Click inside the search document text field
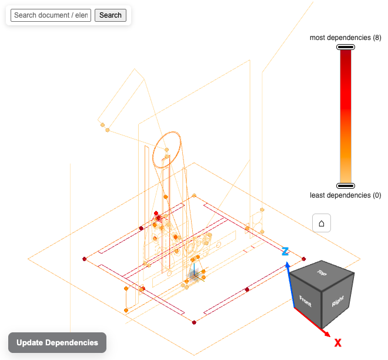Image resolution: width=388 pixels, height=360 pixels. coord(51,15)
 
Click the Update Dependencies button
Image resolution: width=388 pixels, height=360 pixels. coord(57,342)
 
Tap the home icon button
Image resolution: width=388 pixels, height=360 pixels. coord(322,224)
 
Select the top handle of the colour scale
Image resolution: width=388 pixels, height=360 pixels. coord(346,47)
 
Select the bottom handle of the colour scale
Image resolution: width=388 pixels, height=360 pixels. coord(346,186)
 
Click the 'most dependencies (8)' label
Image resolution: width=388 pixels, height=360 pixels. coord(346,38)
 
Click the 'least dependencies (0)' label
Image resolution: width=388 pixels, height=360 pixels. coord(346,195)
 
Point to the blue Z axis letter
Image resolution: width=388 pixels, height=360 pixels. coord(285,252)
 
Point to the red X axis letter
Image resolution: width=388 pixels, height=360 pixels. coord(338,342)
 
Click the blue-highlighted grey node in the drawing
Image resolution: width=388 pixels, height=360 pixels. coord(193,275)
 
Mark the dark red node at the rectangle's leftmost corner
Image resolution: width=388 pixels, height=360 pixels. coord(85,258)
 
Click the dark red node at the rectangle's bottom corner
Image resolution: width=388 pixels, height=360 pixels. coord(195,322)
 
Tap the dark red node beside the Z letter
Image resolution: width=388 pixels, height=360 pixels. coord(304,258)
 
